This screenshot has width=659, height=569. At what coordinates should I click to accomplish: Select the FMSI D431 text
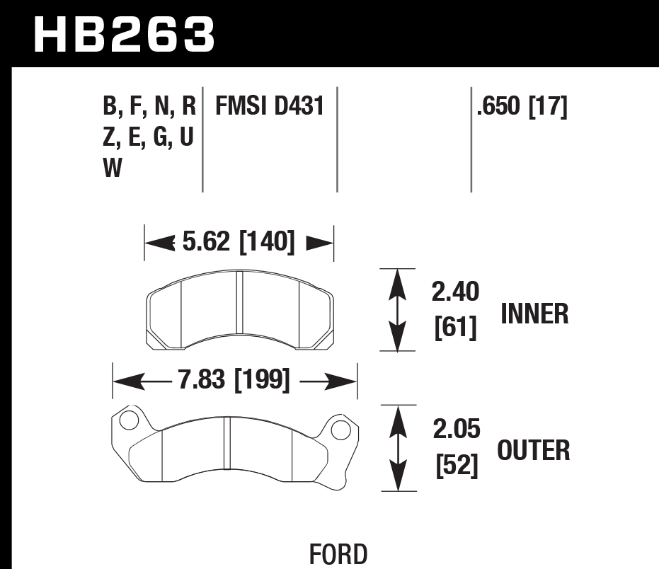click(269, 106)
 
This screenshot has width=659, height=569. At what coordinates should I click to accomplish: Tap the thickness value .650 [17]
click(522, 106)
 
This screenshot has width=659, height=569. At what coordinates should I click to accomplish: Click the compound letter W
click(113, 168)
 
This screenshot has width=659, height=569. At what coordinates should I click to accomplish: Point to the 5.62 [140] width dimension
click(238, 243)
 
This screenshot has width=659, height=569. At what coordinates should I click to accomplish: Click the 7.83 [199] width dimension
click(234, 381)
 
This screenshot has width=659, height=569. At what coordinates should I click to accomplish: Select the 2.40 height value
click(455, 292)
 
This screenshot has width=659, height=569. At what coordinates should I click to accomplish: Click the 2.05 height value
click(455, 429)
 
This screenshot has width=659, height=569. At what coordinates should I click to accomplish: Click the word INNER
click(534, 314)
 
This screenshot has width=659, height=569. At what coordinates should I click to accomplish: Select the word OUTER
click(534, 450)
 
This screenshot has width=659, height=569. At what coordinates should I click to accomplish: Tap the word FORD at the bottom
click(338, 554)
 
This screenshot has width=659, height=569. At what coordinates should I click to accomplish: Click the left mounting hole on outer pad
click(128, 421)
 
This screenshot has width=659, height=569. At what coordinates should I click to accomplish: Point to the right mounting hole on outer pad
click(340, 429)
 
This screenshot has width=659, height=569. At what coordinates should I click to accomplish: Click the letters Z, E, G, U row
click(149, 137)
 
